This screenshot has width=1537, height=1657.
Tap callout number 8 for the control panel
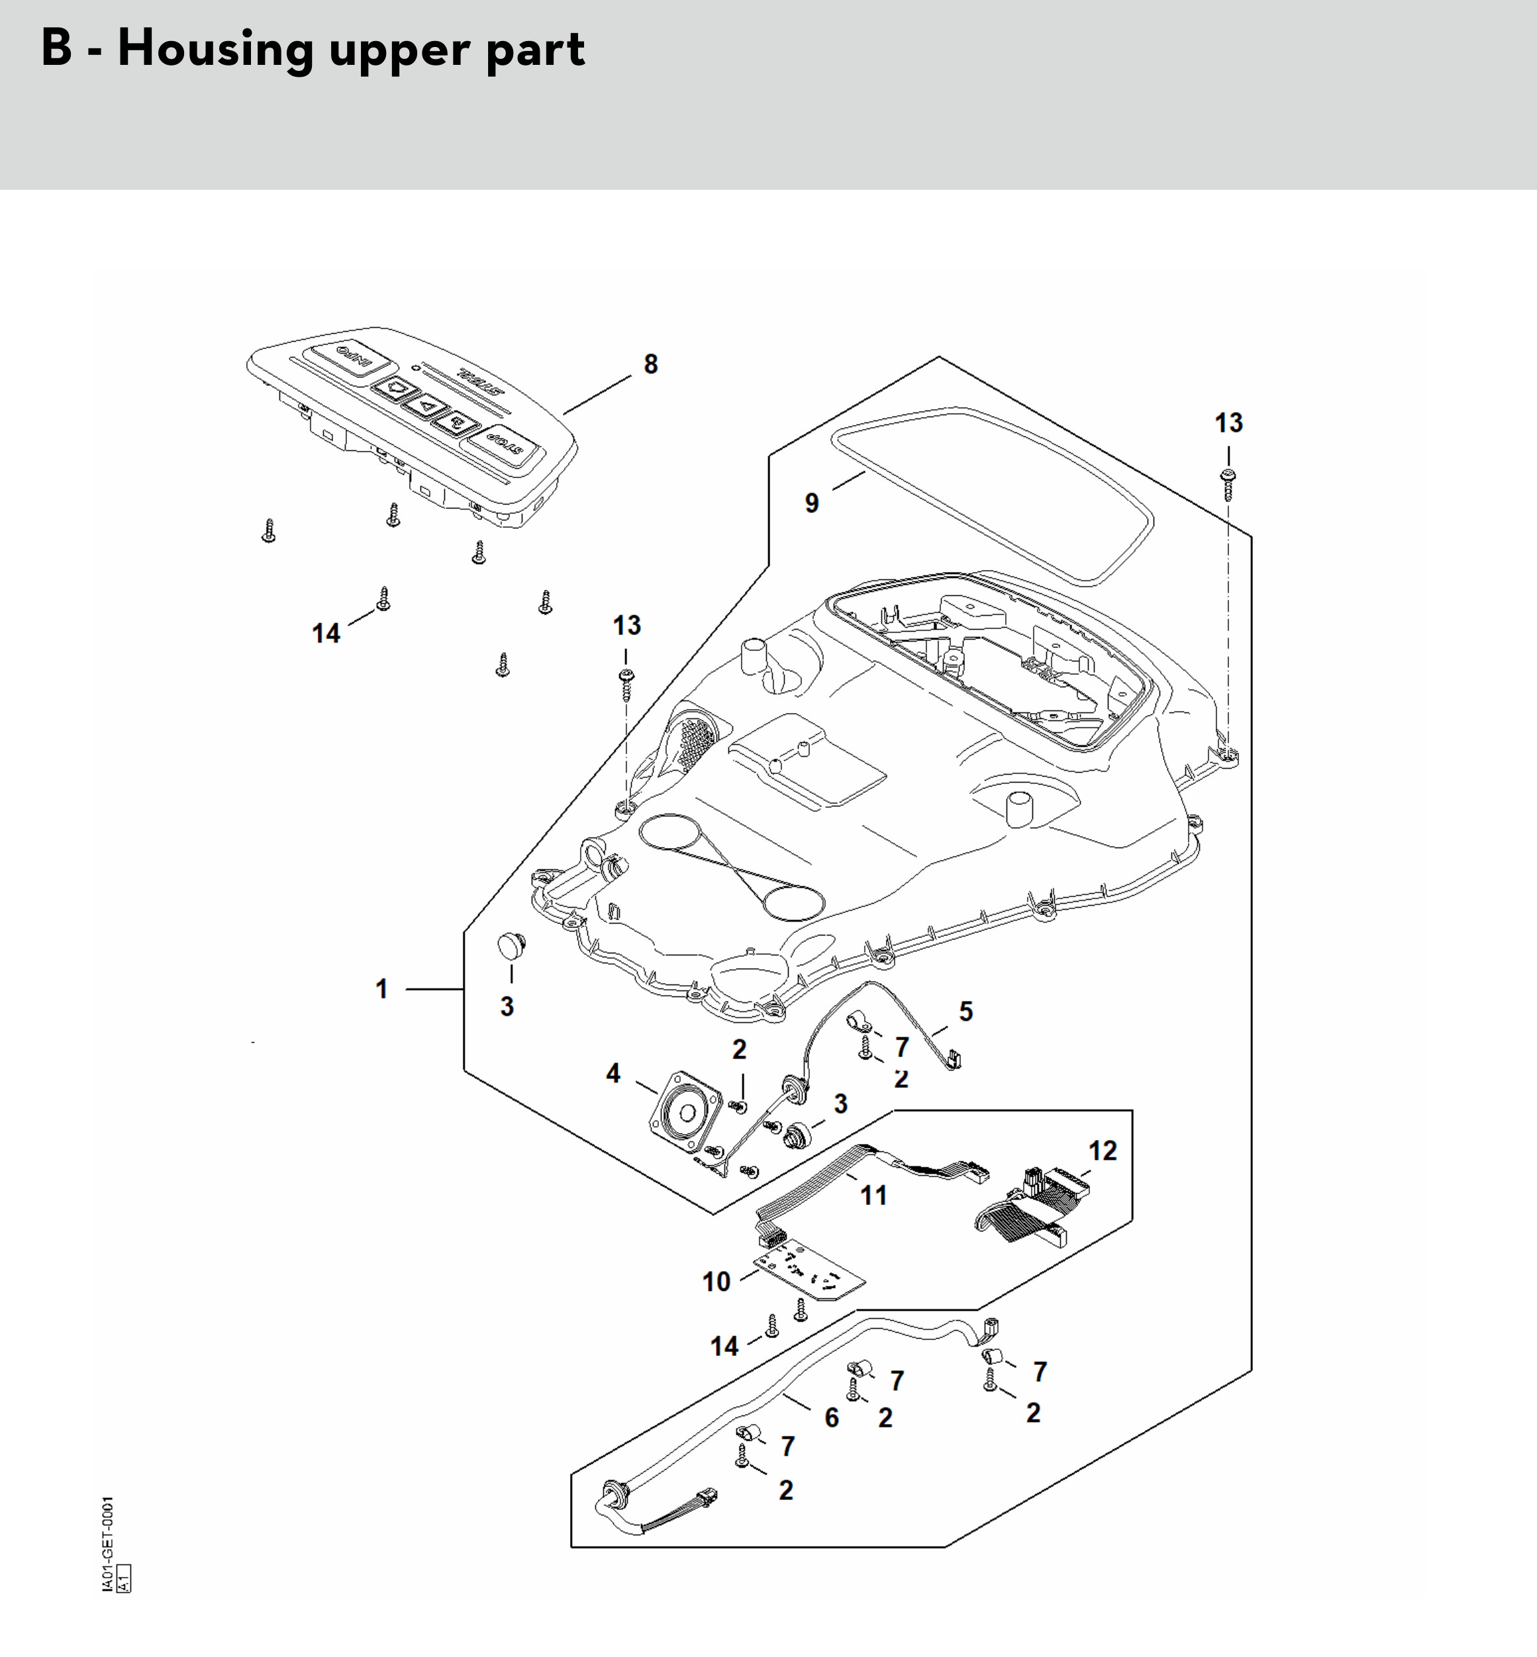click(x=650, y=364)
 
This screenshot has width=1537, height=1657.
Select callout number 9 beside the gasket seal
click(x=812, y=503)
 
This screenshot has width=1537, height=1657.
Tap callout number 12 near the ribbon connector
click(x=1103, y=1151)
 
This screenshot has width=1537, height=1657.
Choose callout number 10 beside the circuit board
click(x=716, y=1281)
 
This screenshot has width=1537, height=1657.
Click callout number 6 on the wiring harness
click(x=832, y=1417)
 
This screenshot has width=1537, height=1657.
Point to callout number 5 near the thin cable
click(x=966, y=1011)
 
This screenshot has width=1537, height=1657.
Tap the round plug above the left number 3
click(x=511, y=945)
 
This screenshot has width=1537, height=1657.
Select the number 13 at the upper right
click(x=1228, y=423)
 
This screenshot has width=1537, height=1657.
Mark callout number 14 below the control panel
click(x=326, y=634)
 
